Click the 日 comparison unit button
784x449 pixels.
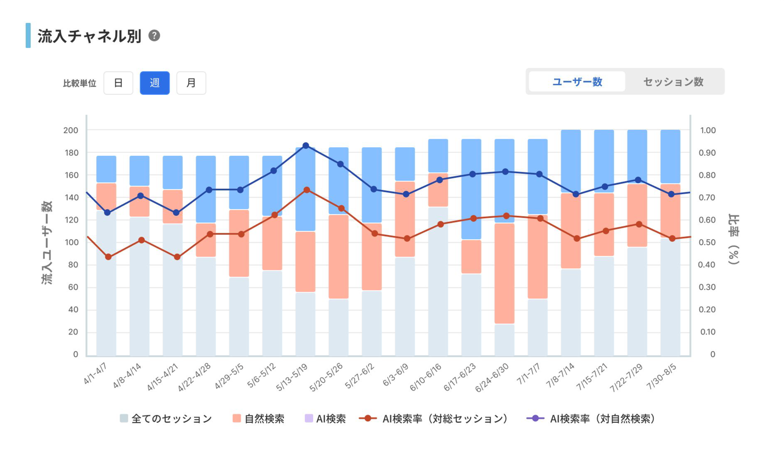click(118, 83)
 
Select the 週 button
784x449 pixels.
click(154, 83)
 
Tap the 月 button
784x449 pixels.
click(191, 83)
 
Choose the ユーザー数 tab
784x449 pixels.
click(577, 82)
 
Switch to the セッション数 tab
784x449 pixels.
click(673, 82)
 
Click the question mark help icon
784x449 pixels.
click(154, 36)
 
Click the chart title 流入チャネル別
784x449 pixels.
click(89, 36)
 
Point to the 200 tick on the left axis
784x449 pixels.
click(71, 130)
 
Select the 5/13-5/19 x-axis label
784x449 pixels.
click(292, 377)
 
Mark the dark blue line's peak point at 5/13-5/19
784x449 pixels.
click(306, 146)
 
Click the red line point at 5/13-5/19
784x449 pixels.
click(307, 190)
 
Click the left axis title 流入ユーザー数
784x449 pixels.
click(47, 243)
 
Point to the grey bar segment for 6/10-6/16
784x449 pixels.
click(438, 281)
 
